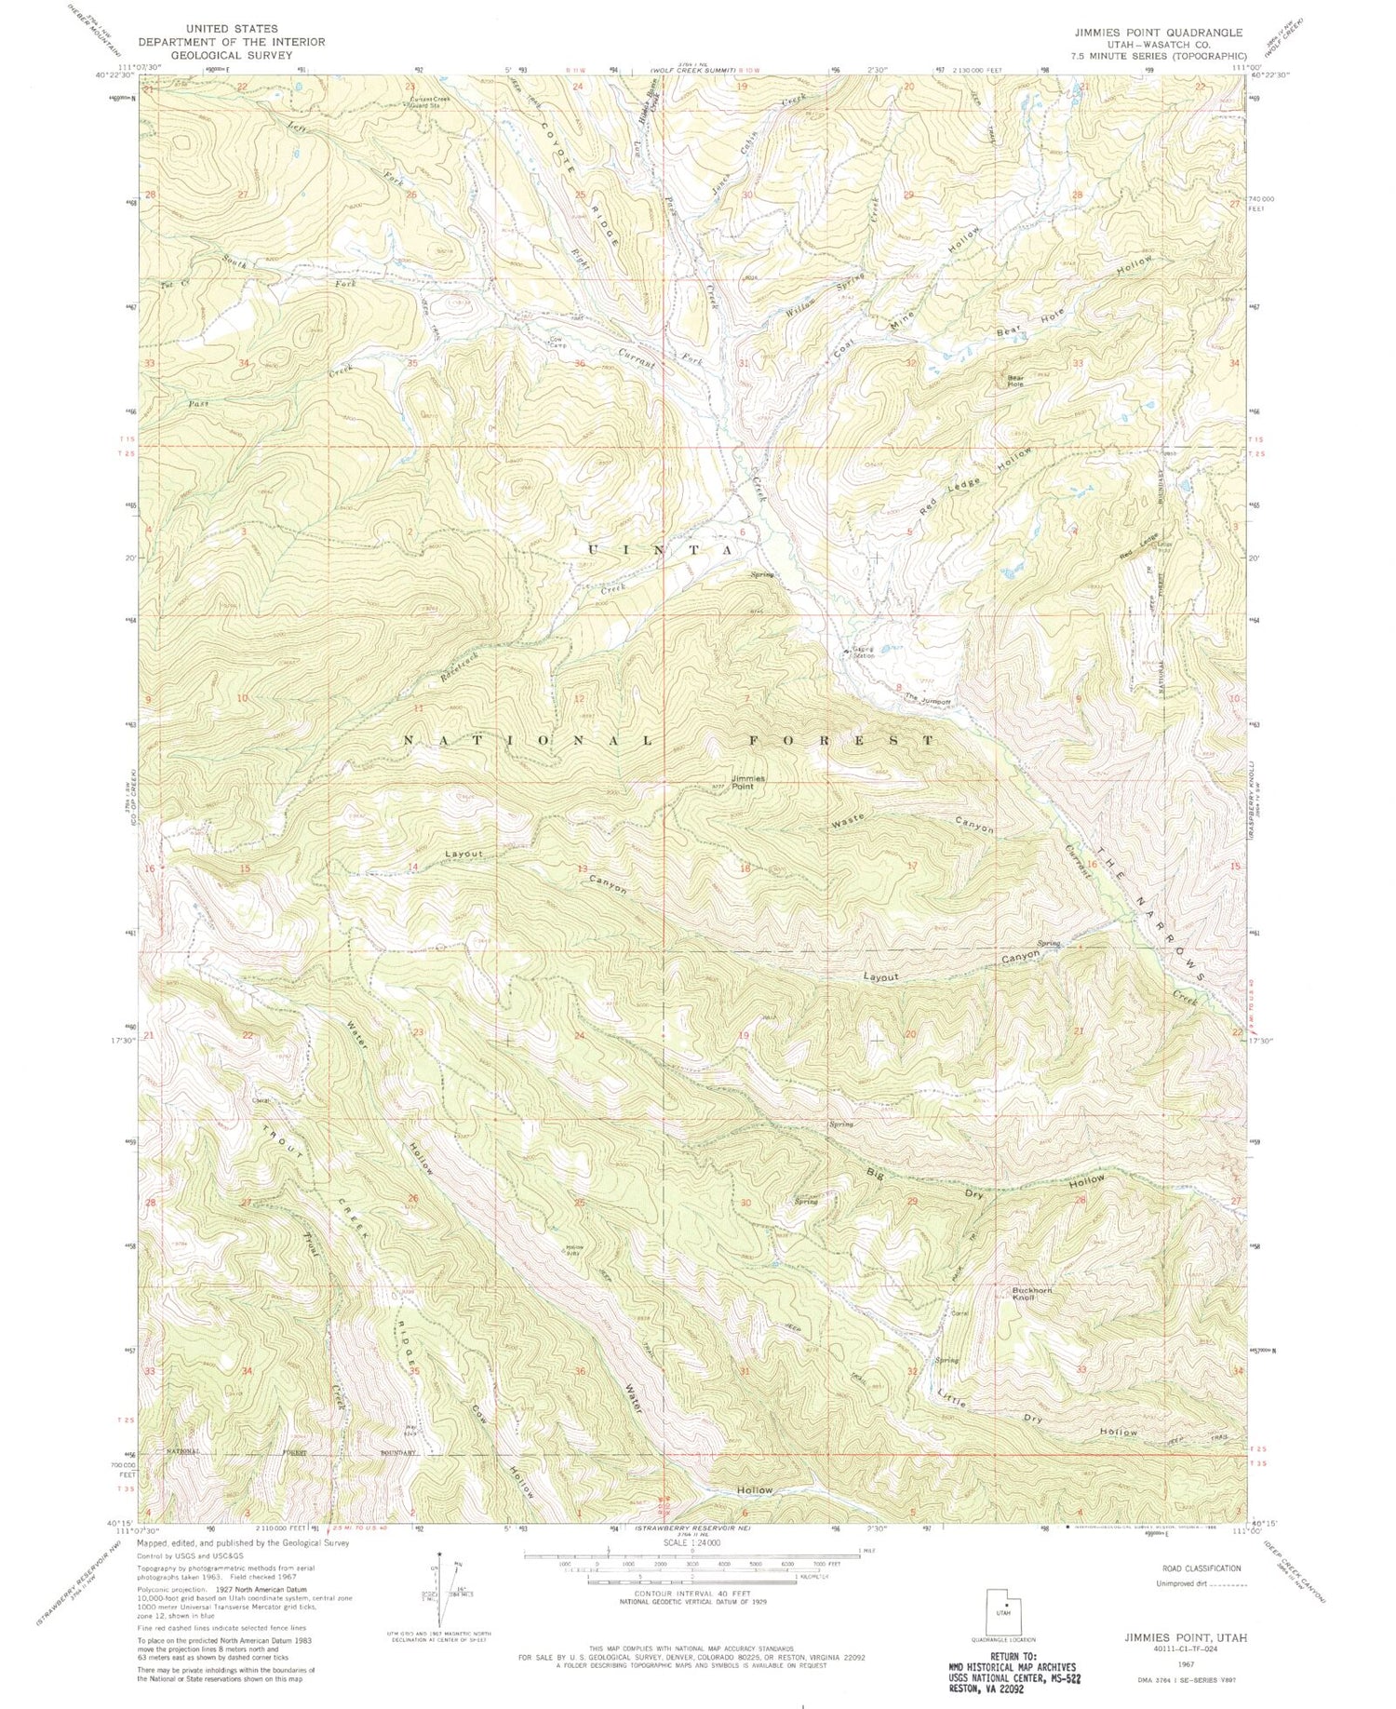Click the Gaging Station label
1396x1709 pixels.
[864, 653]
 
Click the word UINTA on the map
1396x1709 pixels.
[662, 550]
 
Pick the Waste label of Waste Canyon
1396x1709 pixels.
[848, 820]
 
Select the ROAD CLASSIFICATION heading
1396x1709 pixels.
[1194, 1568]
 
